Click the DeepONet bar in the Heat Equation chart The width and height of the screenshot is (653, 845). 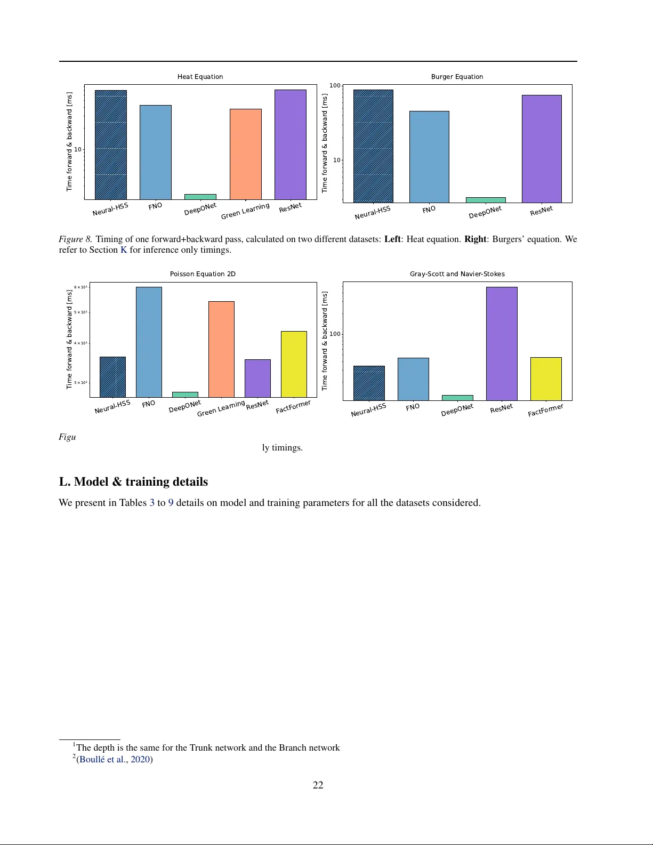pos(200,197)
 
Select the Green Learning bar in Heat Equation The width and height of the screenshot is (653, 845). pos(245,154)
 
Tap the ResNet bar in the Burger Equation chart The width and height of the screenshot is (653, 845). pos(541,149)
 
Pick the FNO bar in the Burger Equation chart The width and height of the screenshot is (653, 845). pos(429,157)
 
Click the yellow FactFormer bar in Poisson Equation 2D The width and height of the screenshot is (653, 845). pos(294,364)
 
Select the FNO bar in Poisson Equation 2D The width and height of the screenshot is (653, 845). pos(149,342)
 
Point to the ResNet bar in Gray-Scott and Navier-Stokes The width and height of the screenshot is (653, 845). pos(502,343)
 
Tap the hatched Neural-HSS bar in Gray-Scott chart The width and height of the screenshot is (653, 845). pos(369,383)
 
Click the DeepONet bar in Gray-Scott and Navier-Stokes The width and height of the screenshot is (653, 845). pos(457,398)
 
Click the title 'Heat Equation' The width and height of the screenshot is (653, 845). pos(200,77)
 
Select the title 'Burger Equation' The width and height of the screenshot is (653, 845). pos(457,77)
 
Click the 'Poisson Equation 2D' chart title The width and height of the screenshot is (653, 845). pos(203,274)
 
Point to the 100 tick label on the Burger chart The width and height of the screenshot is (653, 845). pos(335,85)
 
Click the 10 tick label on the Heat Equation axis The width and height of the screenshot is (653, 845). pos(78,149)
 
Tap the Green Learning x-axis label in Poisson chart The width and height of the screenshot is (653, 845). pos(221,408)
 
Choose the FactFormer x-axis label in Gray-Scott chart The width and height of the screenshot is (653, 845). pos(545,411)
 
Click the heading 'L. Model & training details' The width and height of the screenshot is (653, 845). pos(133,482)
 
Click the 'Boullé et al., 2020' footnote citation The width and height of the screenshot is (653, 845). pos(115,759)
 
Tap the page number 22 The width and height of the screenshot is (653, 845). pos(318,785)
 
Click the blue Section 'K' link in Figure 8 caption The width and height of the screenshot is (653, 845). pos(124,250)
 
